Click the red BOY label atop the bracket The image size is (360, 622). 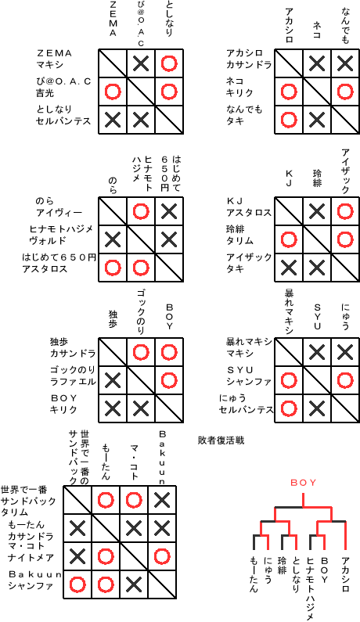point(304,483)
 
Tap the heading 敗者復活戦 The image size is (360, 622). point(221,440)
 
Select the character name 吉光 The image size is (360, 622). point(45,93)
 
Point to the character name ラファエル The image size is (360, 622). point(73,382)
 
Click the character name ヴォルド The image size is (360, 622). point(48,240)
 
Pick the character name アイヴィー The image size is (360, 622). point(59,213)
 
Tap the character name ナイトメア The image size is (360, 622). point(31,558)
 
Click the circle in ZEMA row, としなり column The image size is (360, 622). point(169,63)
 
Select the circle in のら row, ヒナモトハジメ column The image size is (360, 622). point(141,211)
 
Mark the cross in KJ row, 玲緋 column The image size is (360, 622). point(317,211)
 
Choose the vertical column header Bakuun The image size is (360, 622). point(162,458)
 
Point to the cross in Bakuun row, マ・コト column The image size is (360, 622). point(133,584)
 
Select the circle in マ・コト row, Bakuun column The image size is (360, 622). point(162,556)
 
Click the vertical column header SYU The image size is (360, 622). point(317,317)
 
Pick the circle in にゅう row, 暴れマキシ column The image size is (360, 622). point(289,408)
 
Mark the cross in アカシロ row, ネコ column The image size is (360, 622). point(317,63)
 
